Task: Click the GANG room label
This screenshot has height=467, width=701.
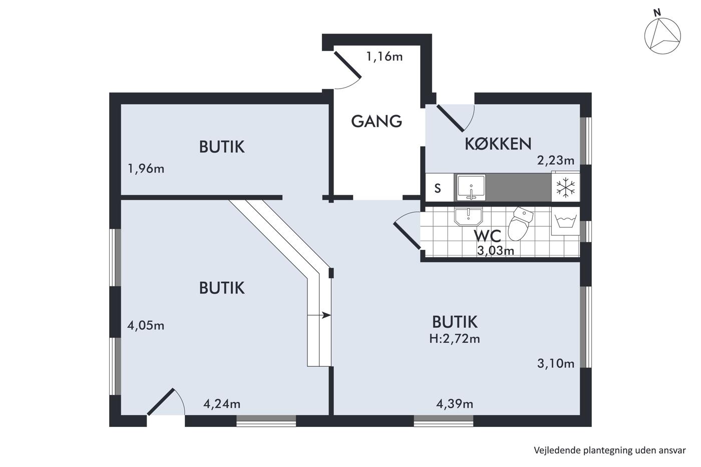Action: click(377, 121)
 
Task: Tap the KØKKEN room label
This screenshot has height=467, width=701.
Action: click(498, 144)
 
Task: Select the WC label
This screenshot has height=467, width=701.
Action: click(488, 236)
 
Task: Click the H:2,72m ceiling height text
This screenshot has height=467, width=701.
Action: click(455, 339)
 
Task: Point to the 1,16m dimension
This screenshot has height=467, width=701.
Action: click(385, 57)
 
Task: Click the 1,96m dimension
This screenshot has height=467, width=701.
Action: click(146, 169)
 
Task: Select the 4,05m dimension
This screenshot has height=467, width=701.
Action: click(146, 326)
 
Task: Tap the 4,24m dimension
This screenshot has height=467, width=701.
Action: click(222, 404)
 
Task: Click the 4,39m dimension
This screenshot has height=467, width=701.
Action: click(455, 404)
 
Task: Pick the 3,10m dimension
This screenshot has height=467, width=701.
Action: click(556, 363)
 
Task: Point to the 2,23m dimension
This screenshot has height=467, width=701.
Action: click(556, 161)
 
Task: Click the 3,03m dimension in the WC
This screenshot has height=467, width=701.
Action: click(495, 251)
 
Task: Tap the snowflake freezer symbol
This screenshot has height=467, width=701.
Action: click(565, 188)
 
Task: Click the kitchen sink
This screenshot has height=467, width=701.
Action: click(471, 188)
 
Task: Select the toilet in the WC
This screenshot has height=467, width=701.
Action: click(520, 224)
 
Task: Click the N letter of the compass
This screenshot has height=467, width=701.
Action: click(657, 13)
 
